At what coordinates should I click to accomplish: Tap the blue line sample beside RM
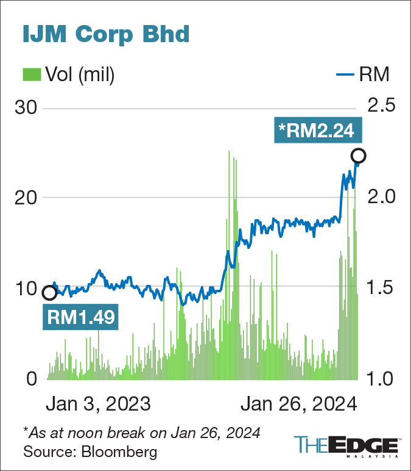345,75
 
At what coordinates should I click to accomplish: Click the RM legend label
374,74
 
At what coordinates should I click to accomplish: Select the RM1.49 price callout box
80,318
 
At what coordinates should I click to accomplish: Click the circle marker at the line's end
359,154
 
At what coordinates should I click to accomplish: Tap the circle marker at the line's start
50,293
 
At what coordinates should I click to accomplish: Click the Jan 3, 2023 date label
97,404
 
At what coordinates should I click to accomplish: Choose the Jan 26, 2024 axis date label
297,404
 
